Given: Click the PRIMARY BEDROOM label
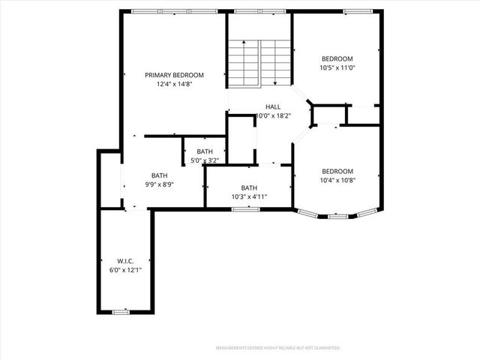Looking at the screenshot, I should [x=174, y=75].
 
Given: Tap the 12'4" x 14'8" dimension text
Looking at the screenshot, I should [x=174, y=85].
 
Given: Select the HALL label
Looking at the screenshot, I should [x=273, y=107].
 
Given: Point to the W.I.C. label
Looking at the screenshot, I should [x=125, y=261].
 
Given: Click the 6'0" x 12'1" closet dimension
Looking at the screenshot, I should [x=125, y=270].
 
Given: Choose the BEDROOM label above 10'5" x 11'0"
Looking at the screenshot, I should [x=337, y=58].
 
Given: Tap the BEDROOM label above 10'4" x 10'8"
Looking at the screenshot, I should [x=337, y=170].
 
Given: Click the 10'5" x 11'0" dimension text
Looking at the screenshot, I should [x=337, y=67].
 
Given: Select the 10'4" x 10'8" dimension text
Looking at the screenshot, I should [x=337, y=179].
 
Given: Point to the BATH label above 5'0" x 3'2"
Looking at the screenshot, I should [x=205, y=151].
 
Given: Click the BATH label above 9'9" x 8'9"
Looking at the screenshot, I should [x=159, y=175].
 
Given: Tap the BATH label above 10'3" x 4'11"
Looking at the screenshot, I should [x=249, y=187].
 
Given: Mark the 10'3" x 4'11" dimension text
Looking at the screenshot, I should [x=249, y=196].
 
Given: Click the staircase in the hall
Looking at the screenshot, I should [x=259, y=63].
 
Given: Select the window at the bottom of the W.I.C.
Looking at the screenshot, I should [x=120, y=311].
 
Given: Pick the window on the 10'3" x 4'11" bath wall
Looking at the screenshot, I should [x=245, y=208].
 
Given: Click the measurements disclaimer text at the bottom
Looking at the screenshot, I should [x=277, y=348].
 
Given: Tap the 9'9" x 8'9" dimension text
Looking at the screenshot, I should [x=159, y=184].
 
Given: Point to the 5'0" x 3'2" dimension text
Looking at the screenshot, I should [x=205, y=160].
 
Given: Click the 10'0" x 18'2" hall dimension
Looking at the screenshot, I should [x=273, y=116].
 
